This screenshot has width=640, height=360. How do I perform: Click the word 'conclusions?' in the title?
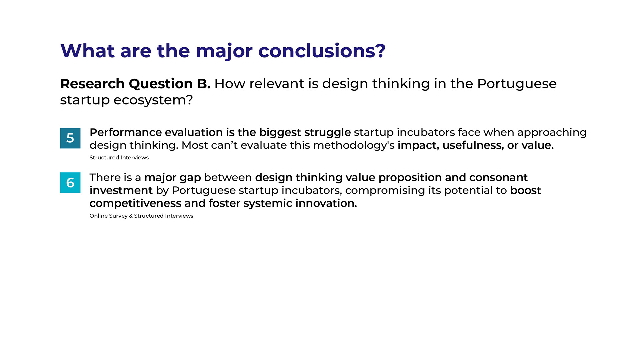(x=322, y=51)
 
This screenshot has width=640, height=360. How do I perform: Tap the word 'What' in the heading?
(x=88, y=51)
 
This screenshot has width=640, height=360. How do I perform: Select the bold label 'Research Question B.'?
(x=135, y=84)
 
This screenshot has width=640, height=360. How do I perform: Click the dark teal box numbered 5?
(x=70, y=138)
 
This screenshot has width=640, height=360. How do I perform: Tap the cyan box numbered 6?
(x=70, y=182)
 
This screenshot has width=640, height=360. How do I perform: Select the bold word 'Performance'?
(x=125, y=132)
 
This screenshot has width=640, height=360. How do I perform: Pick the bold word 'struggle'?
(x=327, y=133)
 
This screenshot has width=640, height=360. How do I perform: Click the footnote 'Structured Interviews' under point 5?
(x=119, y=157)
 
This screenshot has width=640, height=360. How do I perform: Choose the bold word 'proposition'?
(x=410, y=178)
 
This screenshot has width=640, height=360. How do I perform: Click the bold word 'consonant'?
(x=498, y=177)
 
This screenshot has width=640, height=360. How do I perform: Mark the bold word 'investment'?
(x=121, y=190)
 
